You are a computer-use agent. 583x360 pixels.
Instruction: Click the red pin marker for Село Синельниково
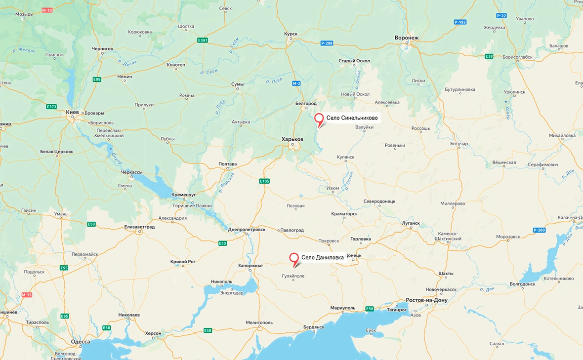(x=319, y=119)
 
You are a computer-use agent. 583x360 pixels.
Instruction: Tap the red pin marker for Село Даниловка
(x=294, y=258)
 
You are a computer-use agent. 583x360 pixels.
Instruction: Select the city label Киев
(x=73, y=112)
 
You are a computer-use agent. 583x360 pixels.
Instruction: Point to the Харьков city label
(x=292, y=139)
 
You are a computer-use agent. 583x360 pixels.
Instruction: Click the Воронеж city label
(x=407, y=38)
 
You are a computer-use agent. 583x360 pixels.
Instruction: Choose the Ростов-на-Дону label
(x=426, y=300)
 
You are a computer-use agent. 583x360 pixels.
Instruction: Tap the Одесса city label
(x=81, y=342)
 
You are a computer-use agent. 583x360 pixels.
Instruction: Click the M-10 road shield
(x=47, y=10)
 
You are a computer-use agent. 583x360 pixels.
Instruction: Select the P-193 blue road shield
(x=460, y=22)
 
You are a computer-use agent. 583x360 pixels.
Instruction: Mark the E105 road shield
(x=264, y=181)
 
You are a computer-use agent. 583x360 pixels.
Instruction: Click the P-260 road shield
(x=539, y=230)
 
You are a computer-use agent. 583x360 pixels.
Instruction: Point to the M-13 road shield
(x=27, y=295)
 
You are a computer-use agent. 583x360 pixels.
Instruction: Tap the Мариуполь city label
(x=343, y=308)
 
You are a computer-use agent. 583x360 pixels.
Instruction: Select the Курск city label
(x=291, y=34)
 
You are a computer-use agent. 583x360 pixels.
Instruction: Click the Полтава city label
(x=228, y=164)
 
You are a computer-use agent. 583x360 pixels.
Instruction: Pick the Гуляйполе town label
(x=293, y=276)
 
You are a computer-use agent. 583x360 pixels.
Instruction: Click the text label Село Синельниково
(x=352, y=118)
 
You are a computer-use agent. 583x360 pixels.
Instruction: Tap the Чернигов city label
(x=102, y=49)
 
